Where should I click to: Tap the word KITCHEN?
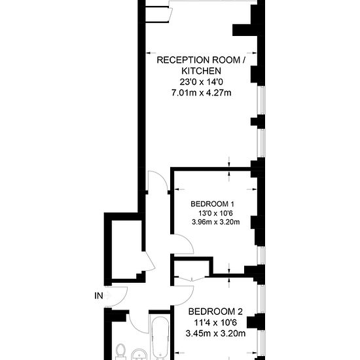pos(202,71)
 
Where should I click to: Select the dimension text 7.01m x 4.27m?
pos(202,93)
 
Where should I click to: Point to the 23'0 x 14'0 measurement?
pos(202,82)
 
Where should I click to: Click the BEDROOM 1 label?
pos(212,204)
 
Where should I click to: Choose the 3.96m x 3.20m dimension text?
pos(216,222)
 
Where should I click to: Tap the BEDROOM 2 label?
pos(215,312)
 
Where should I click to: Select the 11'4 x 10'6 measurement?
pos(215,323)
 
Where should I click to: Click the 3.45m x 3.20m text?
pos(215,333)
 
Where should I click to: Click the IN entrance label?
pos(99,296)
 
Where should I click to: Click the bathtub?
pos(160,338)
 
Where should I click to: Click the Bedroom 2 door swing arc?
pos(189,298)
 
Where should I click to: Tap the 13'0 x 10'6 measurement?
pos(215,213)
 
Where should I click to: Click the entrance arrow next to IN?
pos(108,296)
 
